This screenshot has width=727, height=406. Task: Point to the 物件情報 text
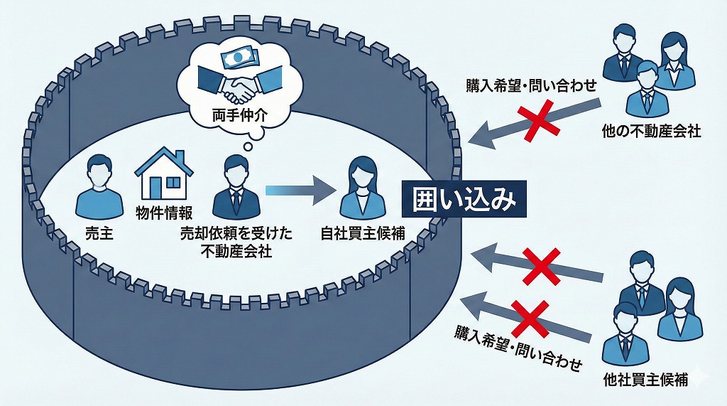163,213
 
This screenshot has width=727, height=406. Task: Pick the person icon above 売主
94,186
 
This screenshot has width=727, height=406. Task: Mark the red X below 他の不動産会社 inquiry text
540,120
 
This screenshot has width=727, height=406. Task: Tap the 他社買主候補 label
644,380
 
